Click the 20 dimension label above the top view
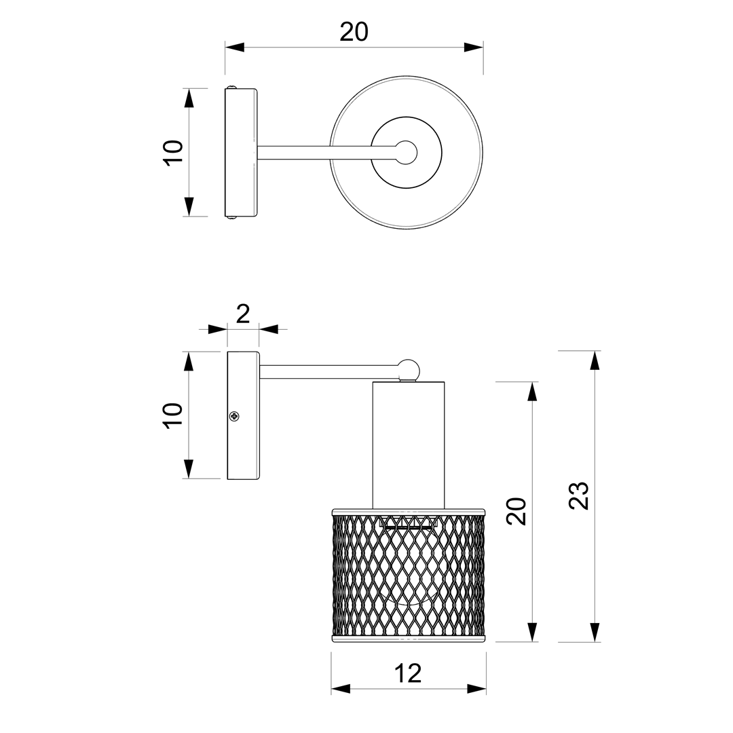(354, 33)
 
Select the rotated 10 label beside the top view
(174, 152)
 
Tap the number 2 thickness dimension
(242, 314)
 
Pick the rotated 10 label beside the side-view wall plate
(174, 415)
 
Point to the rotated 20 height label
(517, 512)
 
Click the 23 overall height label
(579, 495)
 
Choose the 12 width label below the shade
(408, 673)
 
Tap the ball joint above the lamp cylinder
(408, 370)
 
